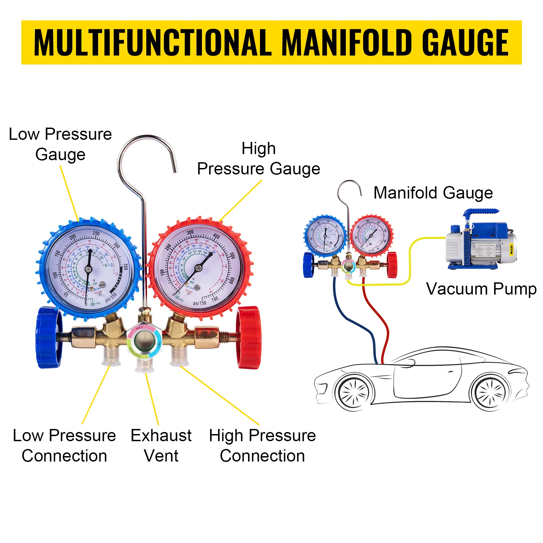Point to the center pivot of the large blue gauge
[88, 269]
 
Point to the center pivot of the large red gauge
[199, 268]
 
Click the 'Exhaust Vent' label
[161, 445]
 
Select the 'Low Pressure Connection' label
[64, 445]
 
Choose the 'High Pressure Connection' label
[262, 445]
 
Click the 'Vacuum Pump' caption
[481, 289]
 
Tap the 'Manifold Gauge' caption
[433, 193]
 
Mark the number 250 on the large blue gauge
[96, 233]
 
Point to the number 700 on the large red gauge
[215, 299]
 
